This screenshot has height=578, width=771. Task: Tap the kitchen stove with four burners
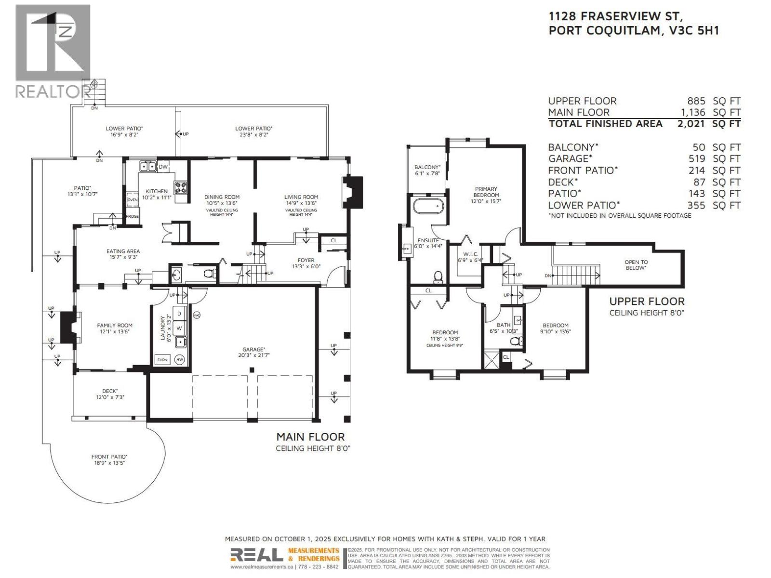[x=181, y=187]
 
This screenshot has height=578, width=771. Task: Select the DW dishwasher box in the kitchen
[x=163, y=167]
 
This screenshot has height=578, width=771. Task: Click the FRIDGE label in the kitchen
[x=133, y=216]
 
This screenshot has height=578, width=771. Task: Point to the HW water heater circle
[x=180, y=359]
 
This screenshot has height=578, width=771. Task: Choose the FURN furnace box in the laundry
[x=162, y=359]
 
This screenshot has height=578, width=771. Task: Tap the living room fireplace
[x=353, y=192]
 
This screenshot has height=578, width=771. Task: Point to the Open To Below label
[x=636, y=265]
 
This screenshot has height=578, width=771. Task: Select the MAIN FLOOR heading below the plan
[x=310, y=437]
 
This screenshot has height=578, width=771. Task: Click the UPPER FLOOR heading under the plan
[x=647, y=302]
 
